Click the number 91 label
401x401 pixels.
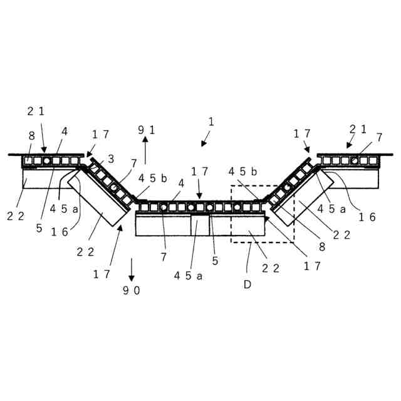(x=147, y=130)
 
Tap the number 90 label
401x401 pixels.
(x=132, y=290)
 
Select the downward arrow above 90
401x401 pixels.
(x=132, y=268)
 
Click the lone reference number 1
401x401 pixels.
(x=211, y=122)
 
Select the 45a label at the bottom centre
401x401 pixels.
(x=188, y=275)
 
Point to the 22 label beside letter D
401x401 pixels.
(x=271, y=268)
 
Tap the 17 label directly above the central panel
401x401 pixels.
(x=199, y=170)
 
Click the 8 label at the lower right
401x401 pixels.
(x=322, y=247)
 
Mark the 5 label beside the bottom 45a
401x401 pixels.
(x=215, y=261)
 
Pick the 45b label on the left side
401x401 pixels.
(x=153, y=179)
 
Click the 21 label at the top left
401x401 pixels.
(x=36, y=111)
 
